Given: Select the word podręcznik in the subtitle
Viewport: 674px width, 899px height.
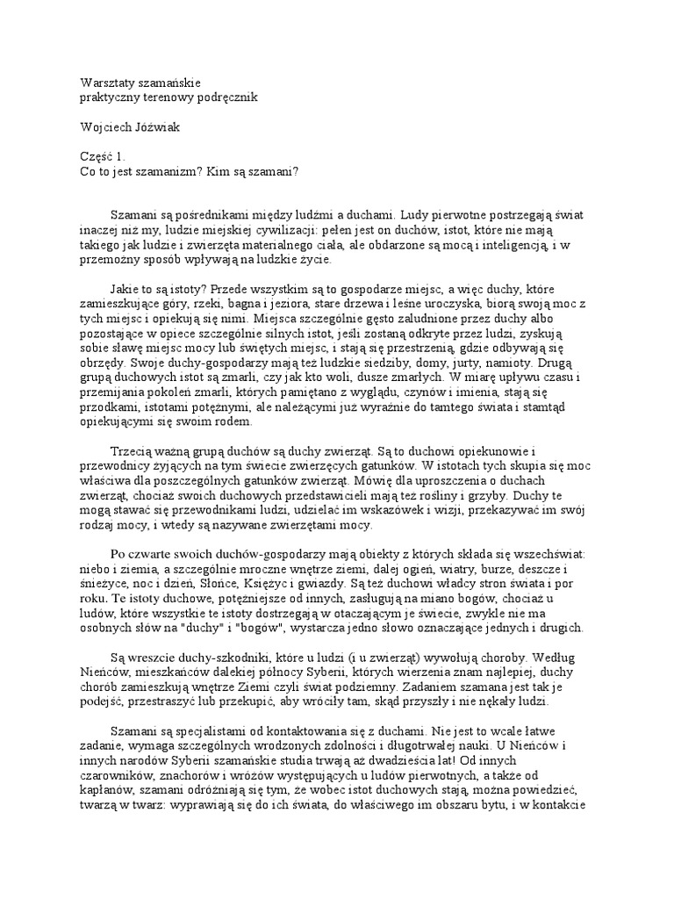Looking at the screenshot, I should (224, 97).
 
